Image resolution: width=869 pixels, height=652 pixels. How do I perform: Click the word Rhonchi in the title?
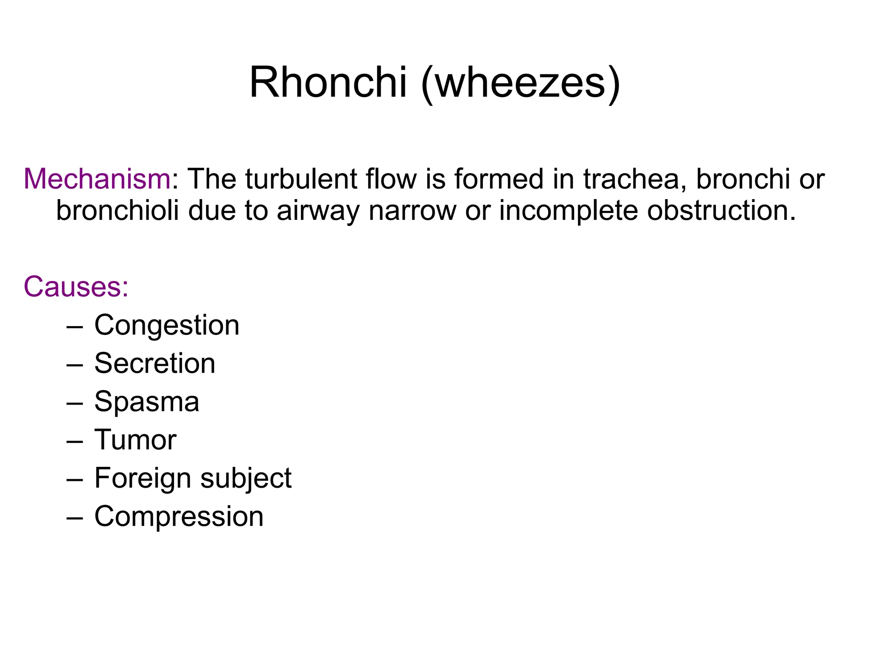pos(328,82)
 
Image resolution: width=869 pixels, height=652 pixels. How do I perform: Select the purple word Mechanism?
pos(97,179)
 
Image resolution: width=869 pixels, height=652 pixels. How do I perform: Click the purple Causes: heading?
pos(76,287)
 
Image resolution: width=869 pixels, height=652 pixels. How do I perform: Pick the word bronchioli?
pos(118,211)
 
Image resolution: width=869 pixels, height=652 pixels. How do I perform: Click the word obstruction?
pos(721,211)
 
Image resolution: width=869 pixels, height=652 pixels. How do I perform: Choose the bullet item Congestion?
pos(167,326)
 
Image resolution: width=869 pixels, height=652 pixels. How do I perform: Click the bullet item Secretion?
pos(155,364)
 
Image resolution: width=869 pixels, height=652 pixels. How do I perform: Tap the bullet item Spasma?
pos(147,402)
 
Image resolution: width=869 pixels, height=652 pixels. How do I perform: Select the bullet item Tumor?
pos(135,440)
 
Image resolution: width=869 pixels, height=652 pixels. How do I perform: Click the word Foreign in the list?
pos(143,479)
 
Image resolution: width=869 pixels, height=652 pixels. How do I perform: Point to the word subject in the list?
pos(246,479)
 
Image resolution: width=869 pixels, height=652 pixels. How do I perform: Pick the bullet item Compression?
pos(179,517)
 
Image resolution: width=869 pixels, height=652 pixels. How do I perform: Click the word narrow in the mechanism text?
pos(412,211)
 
